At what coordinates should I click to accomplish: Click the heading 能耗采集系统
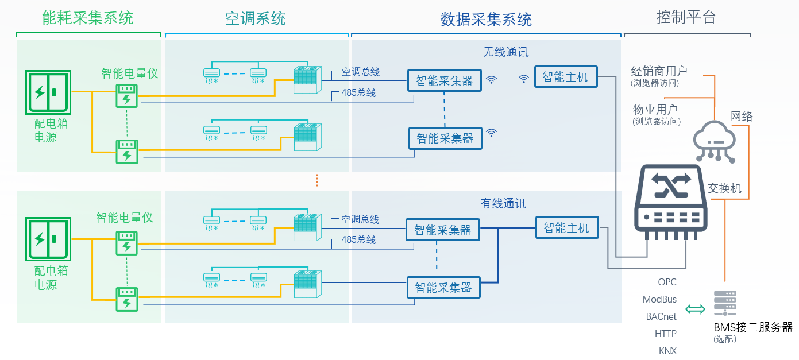pos(88,18)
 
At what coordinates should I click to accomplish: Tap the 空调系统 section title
pos(256,18)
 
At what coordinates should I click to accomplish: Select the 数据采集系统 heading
pos(486,20)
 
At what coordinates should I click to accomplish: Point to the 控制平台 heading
pos(686,17)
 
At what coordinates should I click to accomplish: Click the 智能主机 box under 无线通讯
pos(566,77)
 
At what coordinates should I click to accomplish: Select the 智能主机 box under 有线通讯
pos(566,228)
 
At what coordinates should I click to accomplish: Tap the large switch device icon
pos(670,202)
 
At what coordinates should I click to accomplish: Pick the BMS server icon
pos(725,303)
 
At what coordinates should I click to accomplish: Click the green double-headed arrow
pos(695,309)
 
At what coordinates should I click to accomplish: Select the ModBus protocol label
pos(659,300)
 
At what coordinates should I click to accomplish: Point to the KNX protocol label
pos(667,351)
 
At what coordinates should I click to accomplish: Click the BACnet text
pos(661,316)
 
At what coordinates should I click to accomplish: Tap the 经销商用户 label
pos(659,71)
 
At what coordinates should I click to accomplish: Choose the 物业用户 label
pos(655,109)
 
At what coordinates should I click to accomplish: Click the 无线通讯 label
pos(505,52)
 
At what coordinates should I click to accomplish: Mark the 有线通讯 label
pos(503,203)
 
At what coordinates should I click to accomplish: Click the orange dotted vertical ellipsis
pos(316,180)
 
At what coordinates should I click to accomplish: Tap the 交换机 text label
pos(724,188)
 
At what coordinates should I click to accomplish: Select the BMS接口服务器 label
pos(753,327)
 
